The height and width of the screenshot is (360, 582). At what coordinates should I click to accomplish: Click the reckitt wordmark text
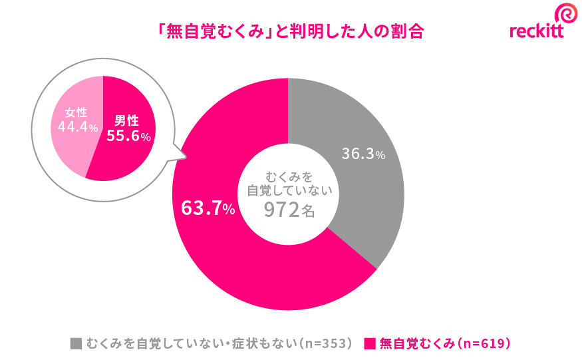click(x=536, y=31)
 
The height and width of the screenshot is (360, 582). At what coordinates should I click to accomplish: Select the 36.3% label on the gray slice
click(x=363, y=154)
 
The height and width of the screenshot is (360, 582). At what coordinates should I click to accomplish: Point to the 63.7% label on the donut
click(x=208, y=208)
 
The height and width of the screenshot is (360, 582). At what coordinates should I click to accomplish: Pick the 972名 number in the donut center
click(x=289, y=211)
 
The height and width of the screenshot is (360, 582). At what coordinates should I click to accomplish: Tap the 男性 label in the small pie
click(x=126, y=120)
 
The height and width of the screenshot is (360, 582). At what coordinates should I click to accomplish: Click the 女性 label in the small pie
click(x=75, y=112)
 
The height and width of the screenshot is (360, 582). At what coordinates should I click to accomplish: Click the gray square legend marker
click(x=76, y=343)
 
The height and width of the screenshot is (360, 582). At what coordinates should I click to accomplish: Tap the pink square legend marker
click(x=370, y=343)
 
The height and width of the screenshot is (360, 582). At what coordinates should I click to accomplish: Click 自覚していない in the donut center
click(x=289, y=191)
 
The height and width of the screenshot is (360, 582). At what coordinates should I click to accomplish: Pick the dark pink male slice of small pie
click(x=126, y=160)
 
